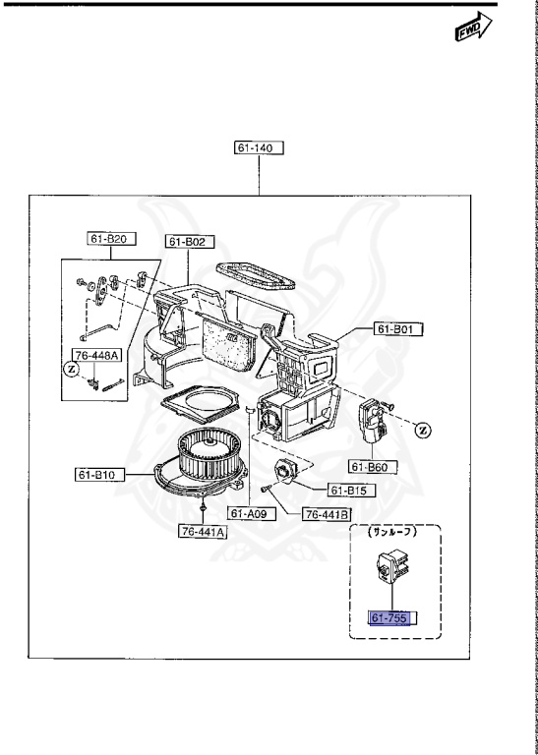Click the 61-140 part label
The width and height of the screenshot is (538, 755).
click(259, 147)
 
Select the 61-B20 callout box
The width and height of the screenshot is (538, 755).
click(111, 238)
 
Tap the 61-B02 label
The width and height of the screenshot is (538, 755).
click(190, 242)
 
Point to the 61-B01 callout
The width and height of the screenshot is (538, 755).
click(398, 329)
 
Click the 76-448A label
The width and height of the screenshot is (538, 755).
click(96, 355)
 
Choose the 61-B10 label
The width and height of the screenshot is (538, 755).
click(100, 475)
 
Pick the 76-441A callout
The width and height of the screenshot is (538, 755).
click(203, 532)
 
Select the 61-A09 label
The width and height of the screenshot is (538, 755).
click(252, 514)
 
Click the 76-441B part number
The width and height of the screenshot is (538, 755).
click(327, 515)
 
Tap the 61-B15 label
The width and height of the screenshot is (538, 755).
click(352, 491)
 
